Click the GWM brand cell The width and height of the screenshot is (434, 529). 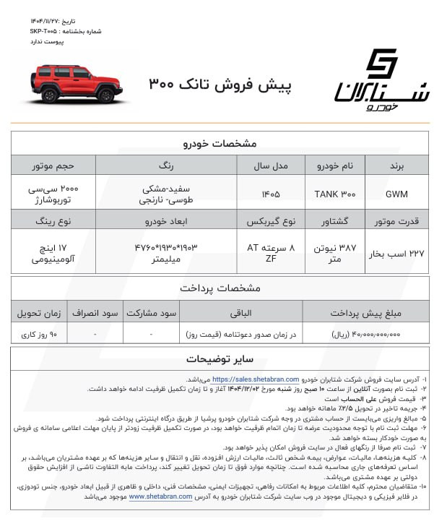(x=396, y=193)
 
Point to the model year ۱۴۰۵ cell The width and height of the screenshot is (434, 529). (x=271, y=193)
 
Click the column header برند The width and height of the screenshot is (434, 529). (x=396, y=165)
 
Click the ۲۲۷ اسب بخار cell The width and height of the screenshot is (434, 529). (x=396, y=252)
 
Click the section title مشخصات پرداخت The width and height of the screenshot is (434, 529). (x=217, y=288)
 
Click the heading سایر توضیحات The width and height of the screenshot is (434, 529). (x=217, y=358)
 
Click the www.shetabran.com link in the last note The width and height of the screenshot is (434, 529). (x=164, y=496)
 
